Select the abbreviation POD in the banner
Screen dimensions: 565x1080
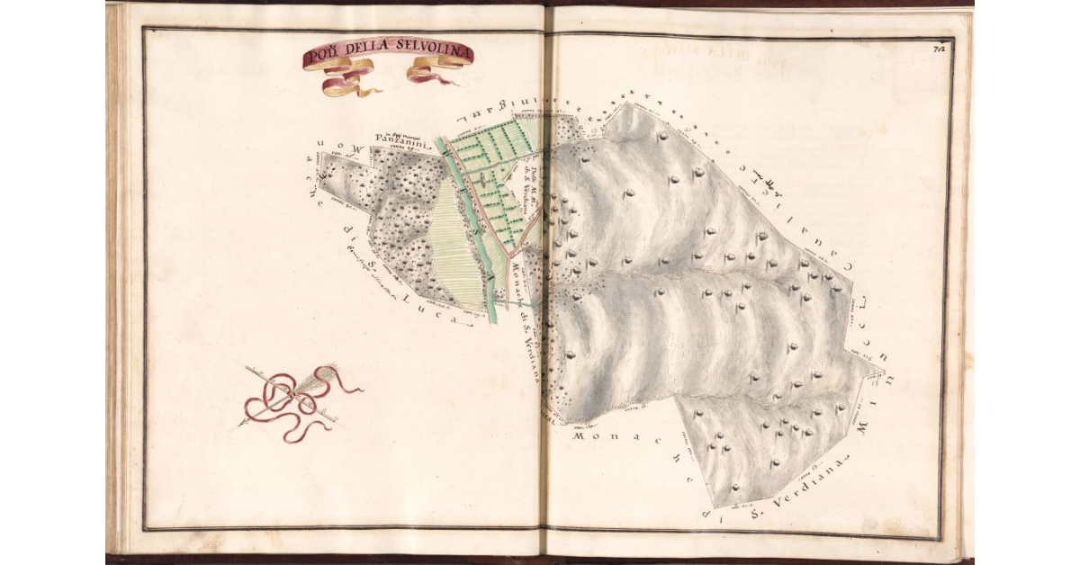coord(319,59)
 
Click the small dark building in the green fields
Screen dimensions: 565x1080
coord(484,179)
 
